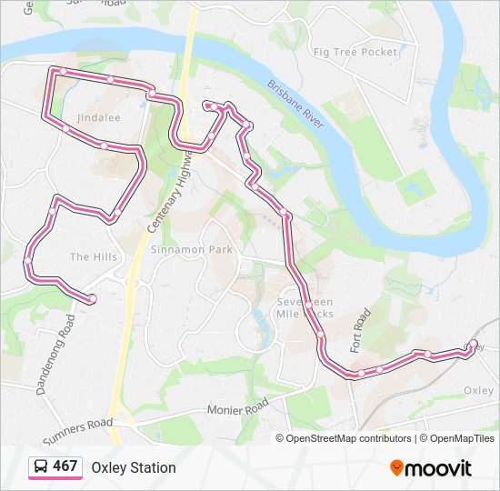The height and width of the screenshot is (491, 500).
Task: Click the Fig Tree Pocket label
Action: [x=355, y=52]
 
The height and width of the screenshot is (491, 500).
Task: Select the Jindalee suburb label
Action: [x=98, y=118]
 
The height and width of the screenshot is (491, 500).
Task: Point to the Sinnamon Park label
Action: [x=192, y=249]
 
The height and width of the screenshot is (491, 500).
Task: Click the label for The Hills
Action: [x=93, y=257]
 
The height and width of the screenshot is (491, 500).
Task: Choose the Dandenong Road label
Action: [x=54, y=356]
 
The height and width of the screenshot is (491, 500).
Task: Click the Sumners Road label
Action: [x=77, y=430]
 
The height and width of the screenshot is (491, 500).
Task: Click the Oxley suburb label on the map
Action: [x=478, y=390]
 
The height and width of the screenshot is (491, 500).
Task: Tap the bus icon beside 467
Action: [x=41, y=467]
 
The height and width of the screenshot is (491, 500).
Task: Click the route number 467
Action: [x=65, y=467]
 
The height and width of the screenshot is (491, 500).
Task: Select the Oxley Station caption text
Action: [x=134, y=468]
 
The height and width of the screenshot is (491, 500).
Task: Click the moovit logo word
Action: [x=439, y=468]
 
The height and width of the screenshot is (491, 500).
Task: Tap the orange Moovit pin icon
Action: [x=397, y=468]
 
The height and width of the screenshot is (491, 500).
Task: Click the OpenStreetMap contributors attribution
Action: [x=348, y=438]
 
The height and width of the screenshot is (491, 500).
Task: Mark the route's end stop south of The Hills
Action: [x=93, y=298]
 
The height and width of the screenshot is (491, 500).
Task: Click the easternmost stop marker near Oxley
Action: [x=473, y=344]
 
